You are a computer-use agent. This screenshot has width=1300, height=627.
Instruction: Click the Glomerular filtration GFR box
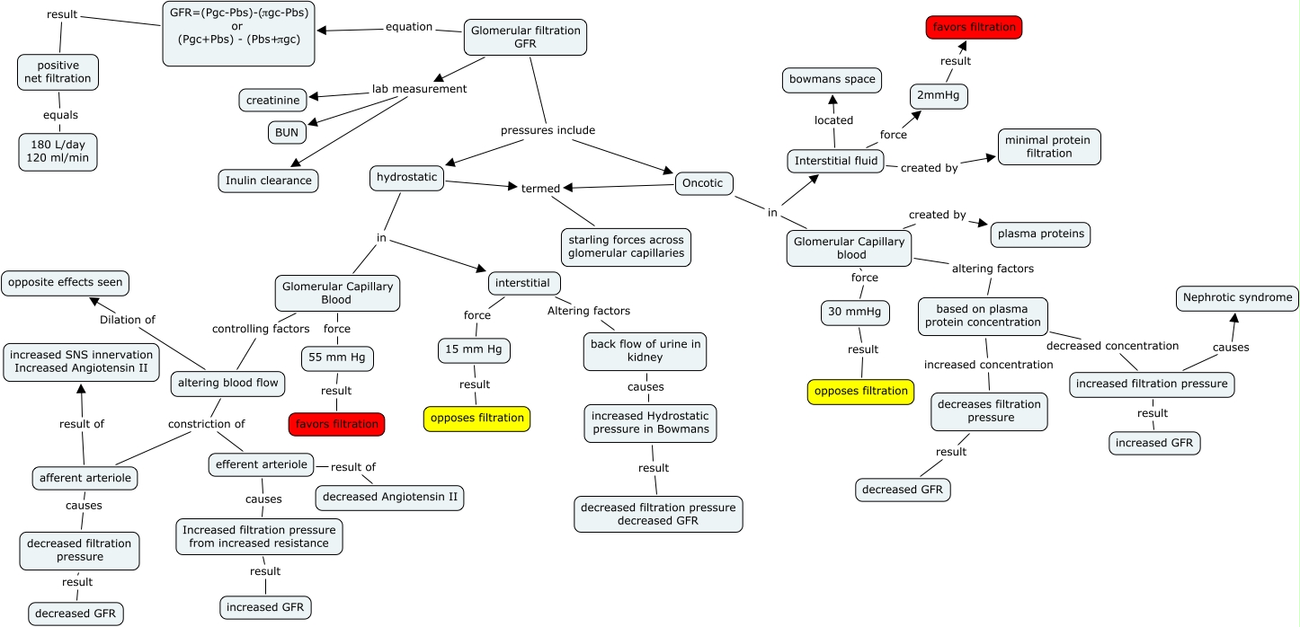525,37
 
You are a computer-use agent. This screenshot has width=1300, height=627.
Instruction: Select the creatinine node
272,100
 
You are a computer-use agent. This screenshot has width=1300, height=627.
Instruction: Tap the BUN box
287,132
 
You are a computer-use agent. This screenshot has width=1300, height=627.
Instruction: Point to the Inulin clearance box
268,181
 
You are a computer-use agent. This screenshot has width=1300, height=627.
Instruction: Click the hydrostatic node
407,178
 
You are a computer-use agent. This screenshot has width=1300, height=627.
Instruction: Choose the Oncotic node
704,183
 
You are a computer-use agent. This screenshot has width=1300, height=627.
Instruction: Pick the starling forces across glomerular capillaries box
625,248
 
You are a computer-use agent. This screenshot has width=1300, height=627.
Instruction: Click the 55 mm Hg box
336,358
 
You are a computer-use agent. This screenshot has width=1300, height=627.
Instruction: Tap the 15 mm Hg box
474,350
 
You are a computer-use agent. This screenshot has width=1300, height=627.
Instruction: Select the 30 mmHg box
855,313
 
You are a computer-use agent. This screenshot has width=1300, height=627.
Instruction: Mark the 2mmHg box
939,96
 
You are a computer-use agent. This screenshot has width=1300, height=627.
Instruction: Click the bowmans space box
832,79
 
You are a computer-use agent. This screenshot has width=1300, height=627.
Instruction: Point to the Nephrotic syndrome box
1237,297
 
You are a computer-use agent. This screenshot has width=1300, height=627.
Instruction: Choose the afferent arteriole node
85,478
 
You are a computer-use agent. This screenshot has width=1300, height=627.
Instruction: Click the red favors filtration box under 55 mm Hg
336,424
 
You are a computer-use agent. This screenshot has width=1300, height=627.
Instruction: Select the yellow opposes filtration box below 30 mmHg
859,392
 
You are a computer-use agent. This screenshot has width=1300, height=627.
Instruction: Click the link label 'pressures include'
548,130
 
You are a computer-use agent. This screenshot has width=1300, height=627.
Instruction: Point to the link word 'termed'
540,189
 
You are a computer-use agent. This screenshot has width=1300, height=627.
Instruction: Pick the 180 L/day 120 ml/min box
58,152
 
